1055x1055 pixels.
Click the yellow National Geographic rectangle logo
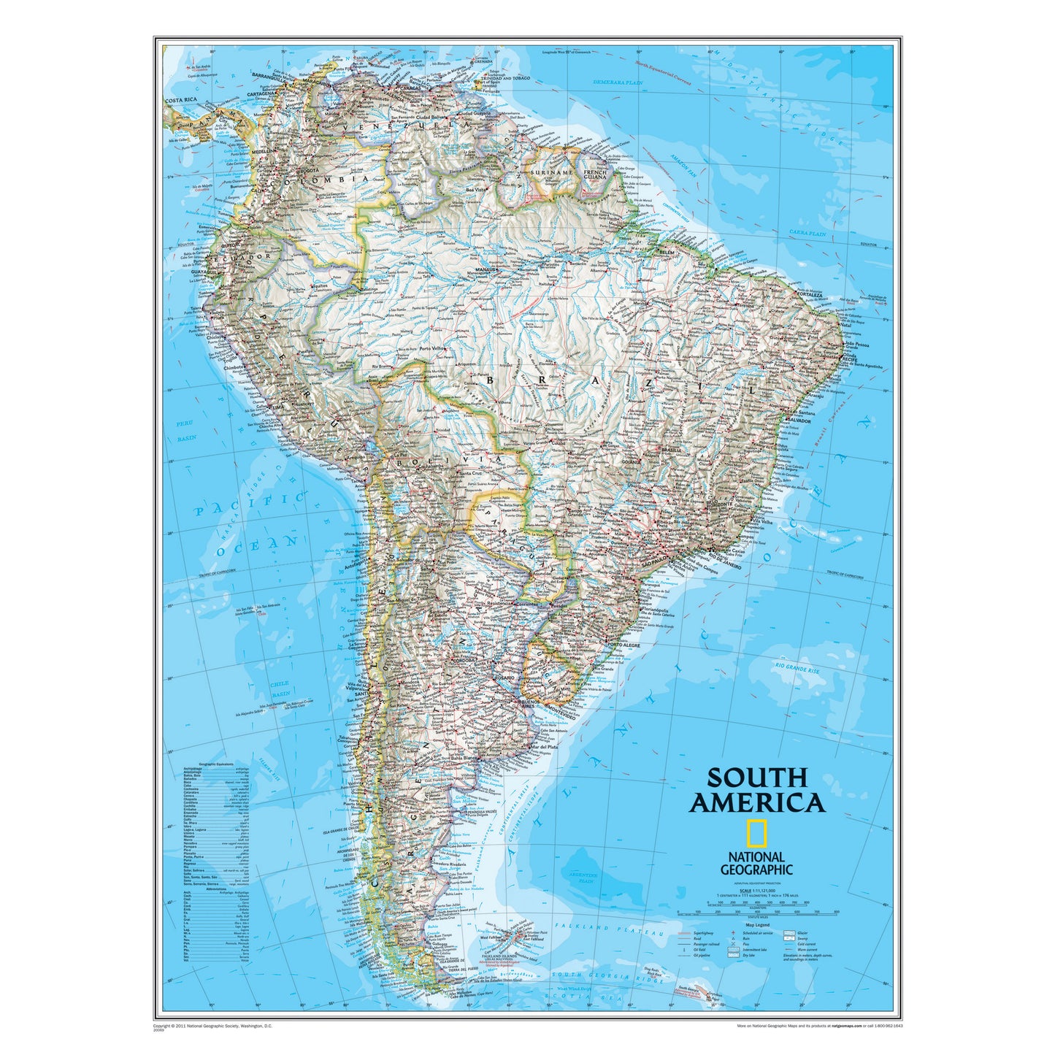tap(756, 833)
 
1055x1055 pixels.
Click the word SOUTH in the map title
tap(756, 778)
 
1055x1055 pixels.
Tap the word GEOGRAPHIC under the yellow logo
tap(756, 870)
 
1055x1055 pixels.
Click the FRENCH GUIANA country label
tap(595, 174)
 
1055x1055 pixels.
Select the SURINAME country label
tap(553, 172)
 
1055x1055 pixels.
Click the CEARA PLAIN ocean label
tap(807, 234)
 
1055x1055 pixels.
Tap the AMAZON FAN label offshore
tap(685, 169)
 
